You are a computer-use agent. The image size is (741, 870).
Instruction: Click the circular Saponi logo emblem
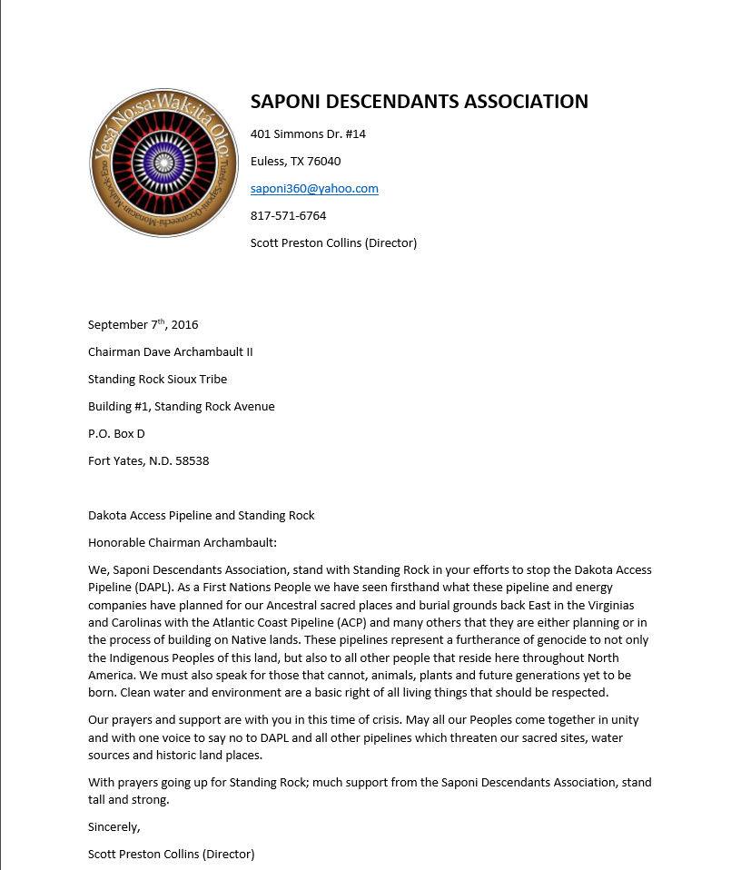pyautogui.click(x=163, y=163)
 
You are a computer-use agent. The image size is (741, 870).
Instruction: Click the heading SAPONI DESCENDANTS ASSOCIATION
pyautogui.click(x=419, y=102)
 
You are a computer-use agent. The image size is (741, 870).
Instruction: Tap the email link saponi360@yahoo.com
pyautogui.click(x=314, y=188)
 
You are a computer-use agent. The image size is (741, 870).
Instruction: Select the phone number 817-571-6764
pyautogui.click(x=288, y=215)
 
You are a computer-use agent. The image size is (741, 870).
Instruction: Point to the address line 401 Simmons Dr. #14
pyautogui.click(x=308, y=133)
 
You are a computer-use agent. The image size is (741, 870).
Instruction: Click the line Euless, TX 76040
pyautogui.click(x=295, y=161)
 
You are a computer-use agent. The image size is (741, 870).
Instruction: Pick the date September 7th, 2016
pyautogui.click(x=143, y=324)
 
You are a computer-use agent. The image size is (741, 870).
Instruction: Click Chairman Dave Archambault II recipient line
pyautogui.click(x=170, y=351)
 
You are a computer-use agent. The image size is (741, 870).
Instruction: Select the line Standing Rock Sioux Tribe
pyautogui.click(x=157, y=379)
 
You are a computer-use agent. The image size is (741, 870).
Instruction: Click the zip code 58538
pyautogui.click(x=192, y=460)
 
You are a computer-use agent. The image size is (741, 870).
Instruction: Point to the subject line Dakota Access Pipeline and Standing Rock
pyautogui.click(x=201, y=515)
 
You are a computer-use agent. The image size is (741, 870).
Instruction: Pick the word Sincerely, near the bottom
pyautogui.click(x=114, y=826)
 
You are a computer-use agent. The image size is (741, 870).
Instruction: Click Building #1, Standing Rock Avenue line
pyautogui.click(x=181, y=406)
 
